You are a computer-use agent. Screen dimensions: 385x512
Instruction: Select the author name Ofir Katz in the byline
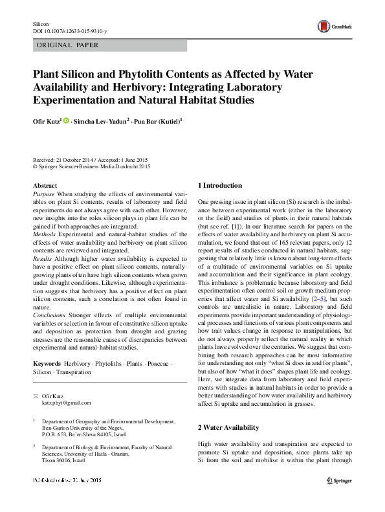pos(46,120)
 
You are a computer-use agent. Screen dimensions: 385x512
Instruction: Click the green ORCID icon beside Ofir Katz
pos(67,120)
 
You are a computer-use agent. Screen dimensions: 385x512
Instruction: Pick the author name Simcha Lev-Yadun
pos(102,120)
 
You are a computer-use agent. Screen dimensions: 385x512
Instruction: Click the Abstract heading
pos(44,185)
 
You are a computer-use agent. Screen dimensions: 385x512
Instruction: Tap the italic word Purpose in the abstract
pos(44,194)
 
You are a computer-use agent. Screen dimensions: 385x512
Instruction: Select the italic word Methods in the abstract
pos(45,225)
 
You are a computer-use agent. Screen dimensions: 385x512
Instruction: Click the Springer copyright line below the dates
pos(91,166)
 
